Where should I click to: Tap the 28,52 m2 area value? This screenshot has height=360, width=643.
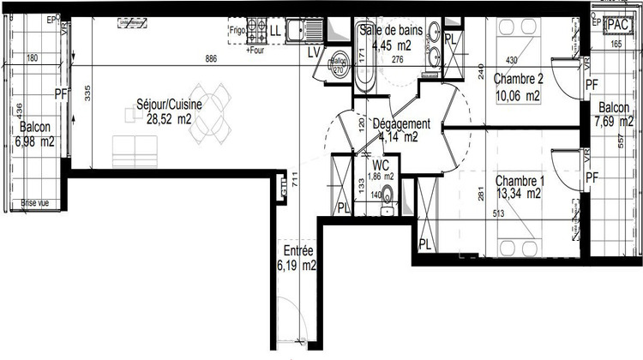(168, 119)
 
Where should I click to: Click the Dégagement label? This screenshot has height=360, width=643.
(400, 123)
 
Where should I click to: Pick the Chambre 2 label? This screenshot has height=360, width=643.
(520, 79)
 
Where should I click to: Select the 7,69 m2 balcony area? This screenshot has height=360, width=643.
(616, 122)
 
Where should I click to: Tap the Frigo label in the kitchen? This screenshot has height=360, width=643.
(237, 30)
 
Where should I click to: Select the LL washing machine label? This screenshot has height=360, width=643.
(275, 32)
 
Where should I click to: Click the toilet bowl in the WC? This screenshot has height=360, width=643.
(388, 206)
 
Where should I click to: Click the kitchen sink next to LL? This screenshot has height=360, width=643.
(303, 32)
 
